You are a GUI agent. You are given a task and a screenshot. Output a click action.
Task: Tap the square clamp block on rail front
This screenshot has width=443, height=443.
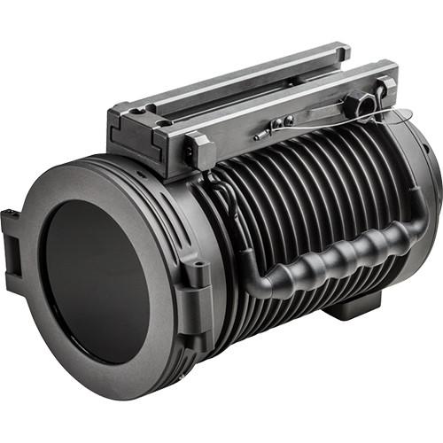point(200,151)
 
